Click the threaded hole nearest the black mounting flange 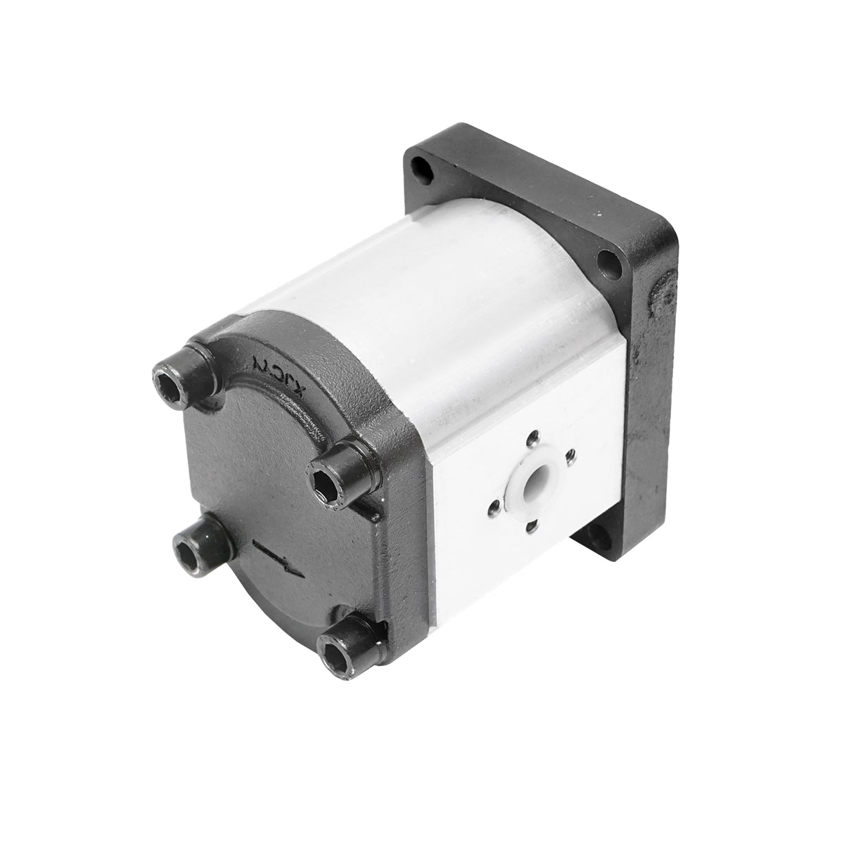tap(571, 454)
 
